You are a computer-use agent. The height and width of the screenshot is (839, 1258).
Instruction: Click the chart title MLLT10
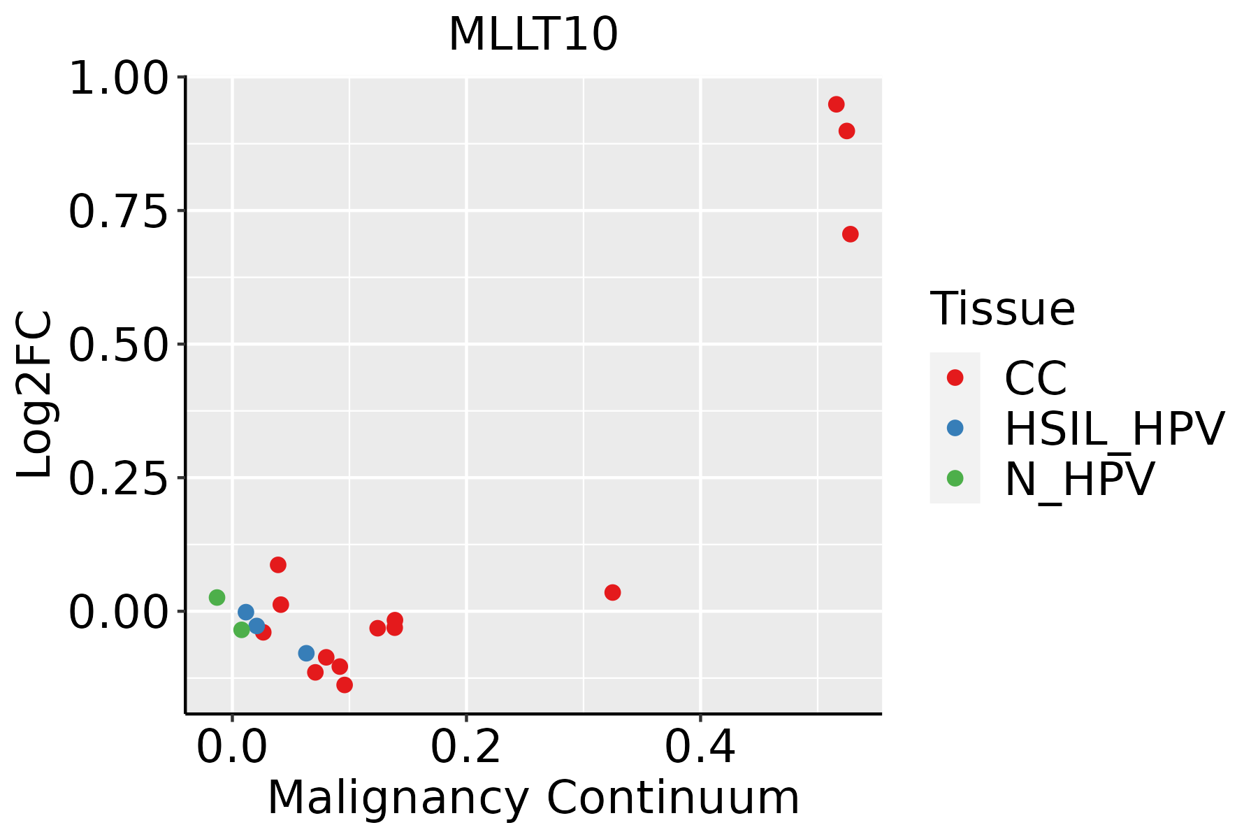533,34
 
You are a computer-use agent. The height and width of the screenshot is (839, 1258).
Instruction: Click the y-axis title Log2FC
35,394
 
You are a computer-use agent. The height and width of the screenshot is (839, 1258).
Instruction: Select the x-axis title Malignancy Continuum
533,798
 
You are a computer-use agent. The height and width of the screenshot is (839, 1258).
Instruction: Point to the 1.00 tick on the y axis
119,78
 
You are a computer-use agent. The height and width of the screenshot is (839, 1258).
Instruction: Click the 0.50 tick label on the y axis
119,345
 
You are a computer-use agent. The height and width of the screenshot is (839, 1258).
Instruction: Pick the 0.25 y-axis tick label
119,478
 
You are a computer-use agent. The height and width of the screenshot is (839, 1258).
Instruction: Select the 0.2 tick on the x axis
465,747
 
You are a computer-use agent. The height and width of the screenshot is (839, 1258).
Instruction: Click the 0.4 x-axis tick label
700,747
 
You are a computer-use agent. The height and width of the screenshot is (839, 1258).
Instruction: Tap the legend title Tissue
1002,308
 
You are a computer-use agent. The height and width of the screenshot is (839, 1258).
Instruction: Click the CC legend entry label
1036,378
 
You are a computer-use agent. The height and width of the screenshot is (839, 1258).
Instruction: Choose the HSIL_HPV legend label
1114,429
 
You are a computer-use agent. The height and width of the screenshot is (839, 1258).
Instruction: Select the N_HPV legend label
1079,479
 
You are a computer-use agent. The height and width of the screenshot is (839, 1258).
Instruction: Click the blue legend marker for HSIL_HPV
955,428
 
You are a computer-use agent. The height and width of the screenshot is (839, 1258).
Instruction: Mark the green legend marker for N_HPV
955,478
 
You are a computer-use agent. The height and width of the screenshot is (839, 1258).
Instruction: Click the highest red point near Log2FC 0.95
836,104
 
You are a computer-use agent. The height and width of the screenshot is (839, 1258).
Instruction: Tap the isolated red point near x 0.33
612,592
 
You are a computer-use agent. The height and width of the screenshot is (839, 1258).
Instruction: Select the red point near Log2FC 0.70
850,234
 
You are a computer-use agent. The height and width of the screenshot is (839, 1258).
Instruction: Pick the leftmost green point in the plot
217,597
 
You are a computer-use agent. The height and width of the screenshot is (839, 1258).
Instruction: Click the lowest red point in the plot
345,684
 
